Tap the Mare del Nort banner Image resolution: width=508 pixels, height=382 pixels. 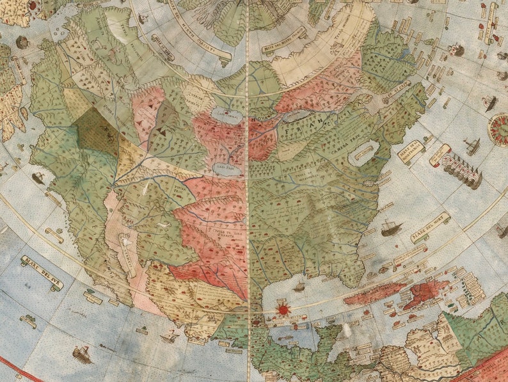tap(429, 228)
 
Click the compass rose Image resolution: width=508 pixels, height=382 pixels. tap(498, 128)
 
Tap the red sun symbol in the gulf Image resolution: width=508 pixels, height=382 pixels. tap(281, 310)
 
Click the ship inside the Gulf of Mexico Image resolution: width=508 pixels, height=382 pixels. tap(299, 287)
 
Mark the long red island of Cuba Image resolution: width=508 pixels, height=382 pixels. tap(374, 293)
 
